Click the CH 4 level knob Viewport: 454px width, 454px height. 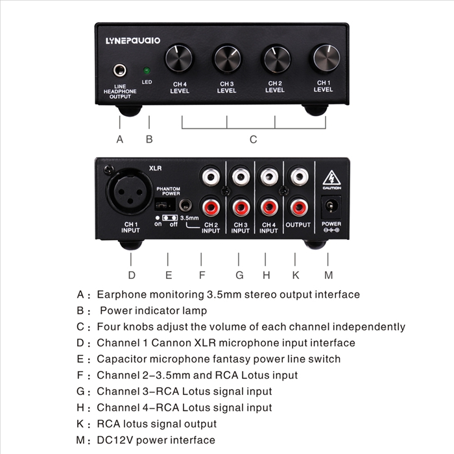[178, 58]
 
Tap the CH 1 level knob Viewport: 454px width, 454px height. [326, 58]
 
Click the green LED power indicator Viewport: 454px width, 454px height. [147, 70]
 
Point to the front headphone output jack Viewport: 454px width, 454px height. [119, 70]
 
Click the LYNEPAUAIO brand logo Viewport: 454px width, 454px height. [133, 40]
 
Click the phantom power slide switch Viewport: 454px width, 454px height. [165, 205]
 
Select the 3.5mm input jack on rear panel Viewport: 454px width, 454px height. [185, 206]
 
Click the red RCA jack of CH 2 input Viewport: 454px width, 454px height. [210, 208]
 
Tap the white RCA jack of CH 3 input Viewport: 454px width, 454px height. [241, 176]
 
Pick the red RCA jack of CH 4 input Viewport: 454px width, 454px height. [269, 208]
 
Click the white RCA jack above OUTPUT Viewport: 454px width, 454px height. [299, 176]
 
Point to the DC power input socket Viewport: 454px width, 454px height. [331, 206]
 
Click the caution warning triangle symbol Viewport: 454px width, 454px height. [331, 178]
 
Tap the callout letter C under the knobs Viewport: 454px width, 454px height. [254, 139]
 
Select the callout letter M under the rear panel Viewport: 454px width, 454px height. [328, 275]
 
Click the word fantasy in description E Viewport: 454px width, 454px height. [232, 359]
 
